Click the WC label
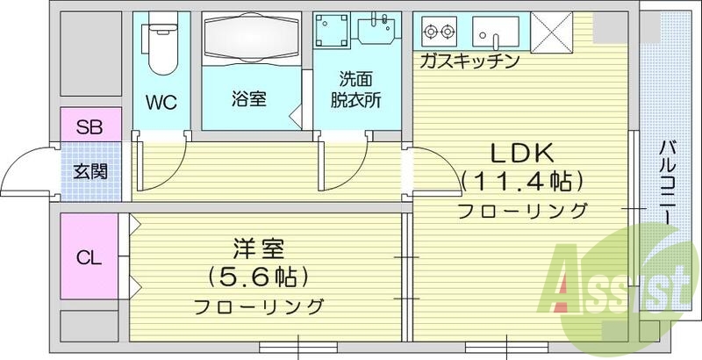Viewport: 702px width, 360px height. coord(161,103)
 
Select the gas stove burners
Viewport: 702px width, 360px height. coord(439,33)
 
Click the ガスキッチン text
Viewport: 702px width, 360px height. coord(470,61)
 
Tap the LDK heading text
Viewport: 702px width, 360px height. coord(521,153)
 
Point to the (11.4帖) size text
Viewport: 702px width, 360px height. coord(521,182)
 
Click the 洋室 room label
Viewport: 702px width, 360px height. coord(257,248)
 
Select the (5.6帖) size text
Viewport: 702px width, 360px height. coord(257,277)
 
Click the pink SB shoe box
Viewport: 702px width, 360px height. coord(88,125)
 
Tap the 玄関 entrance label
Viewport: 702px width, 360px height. coord(88,170)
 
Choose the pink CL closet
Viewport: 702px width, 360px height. coord(89,258)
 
